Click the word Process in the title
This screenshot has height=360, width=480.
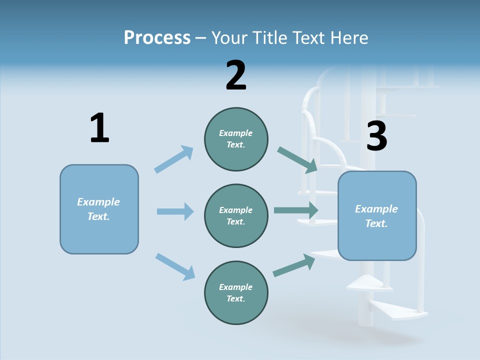pyautogui.click(x=157, y=37)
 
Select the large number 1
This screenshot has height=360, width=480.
pyautogui.click(x=99, y=128)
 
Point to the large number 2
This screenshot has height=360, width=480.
pyautogui.click(x=236, y=75)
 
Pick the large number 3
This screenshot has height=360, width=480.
pyautogui.click(x=376, y=136)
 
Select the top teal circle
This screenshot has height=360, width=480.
pyautogui.click(x=236, y=139)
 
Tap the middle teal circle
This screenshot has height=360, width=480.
pyautogui.click(x=236, y=215)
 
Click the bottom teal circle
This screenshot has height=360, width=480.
pyautogui.click(x=236, y=292)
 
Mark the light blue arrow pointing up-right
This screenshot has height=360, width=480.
pyautogui.click(x=174, y=159)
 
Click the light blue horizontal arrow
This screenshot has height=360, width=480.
pyautogui.click(x=175, y=211)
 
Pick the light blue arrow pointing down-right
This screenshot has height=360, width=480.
pyautogui.click(x=175, y=266)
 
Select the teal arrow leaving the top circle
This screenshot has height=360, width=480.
pyautogui.click(x=297, y=159)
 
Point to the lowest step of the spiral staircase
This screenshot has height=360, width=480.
pyautogui.click(x=400, y=311)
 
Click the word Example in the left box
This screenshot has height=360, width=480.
pyautogui.click(x=98, y=202)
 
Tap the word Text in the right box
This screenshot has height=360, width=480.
pyautogui.click(x=376, y=223)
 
